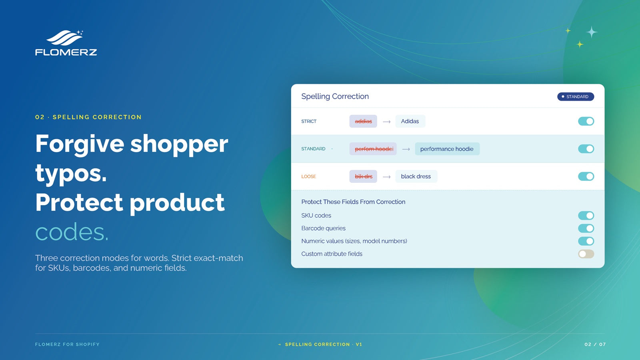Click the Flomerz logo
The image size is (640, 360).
[x=66, y=42]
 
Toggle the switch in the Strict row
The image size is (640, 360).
[x=586, y=121]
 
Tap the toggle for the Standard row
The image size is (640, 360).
[x=586, y=149]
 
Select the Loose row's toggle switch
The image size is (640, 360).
[x=586, y=176]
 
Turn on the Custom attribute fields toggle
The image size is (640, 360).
[x=586, y=254]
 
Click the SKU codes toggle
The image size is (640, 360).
[x=586, y=216]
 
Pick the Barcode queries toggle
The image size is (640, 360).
[x=586, y=228]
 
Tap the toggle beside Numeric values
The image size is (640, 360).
[x=586, y=241]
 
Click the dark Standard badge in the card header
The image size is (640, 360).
[x=576, y=96]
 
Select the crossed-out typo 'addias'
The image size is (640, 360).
[x=363, y=121]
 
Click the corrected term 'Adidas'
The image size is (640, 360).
[x=410, y=121]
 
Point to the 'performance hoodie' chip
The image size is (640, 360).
[x=447, y=149]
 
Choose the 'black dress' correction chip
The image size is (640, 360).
[x=416, y=176]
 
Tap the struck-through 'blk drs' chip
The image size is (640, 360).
[x=363, y=176]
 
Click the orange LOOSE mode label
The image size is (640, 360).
[x=308, y=176]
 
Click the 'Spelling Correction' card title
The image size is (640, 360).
[x=335, y=96]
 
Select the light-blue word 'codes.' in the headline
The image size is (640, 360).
[x=72, y=232]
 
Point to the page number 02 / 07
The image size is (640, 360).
[x=595, y=344]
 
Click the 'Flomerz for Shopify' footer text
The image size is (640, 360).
[x=67, y=344]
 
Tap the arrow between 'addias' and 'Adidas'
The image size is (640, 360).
[x=386, y=122]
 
